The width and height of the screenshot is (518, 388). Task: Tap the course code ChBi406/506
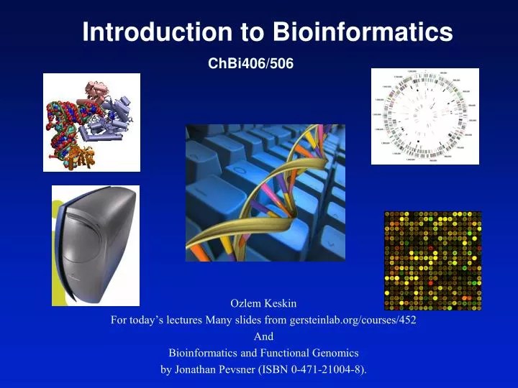[250, 64]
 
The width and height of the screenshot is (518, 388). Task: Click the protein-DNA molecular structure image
[91, 122]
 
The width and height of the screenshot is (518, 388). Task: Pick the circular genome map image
[424, 116]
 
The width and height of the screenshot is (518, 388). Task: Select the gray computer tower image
[95, 245]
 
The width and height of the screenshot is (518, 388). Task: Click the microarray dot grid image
[432, 261]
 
